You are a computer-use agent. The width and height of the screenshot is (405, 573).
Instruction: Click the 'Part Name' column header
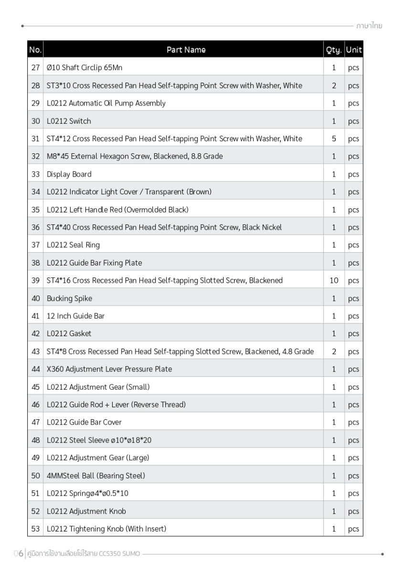pyautogui.click(x=186, y=50)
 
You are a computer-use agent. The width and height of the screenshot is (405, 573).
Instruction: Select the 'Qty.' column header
pyautogui.click(x=333, y=50)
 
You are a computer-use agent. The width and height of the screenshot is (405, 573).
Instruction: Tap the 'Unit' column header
pyautogui.click(x=354, y=50)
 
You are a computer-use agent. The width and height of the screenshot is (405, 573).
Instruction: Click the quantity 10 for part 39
pyautogui.click(x=334, y=281)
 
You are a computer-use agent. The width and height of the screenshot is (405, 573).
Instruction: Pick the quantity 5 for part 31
pyautogui.click(x=334, y=139)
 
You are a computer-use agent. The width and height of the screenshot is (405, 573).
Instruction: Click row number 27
pyautogui.click(x=35, y=68)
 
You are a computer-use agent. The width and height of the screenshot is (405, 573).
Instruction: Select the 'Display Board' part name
pyautogui.click(x=69, y=174)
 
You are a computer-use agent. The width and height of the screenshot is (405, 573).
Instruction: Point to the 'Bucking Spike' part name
pyautogui.click(x=69, y=298)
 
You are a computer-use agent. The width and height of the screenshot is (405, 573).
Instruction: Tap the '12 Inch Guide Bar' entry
pyautogui.click(x=75, y=316)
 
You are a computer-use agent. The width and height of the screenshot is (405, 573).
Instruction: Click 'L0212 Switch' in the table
pyautogui.click(x=69, y=121)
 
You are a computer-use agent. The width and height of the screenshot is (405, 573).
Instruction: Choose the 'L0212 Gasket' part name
pyautogui.click(x=69, y=334)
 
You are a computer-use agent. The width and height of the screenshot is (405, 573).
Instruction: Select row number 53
pyautogui.click(x=35, y=529)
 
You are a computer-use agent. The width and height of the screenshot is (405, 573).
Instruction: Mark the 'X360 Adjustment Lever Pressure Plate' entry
pyautogui.click(x=109, y=369)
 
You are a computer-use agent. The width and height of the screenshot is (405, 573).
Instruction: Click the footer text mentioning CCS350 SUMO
pyautogui.click(x=84, y=554)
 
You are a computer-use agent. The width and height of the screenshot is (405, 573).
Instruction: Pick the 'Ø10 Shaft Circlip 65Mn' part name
pyautogui.click(x=85, y=68)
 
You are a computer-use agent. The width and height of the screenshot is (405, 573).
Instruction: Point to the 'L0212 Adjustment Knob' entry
pyautogui.click(x=86, y=511)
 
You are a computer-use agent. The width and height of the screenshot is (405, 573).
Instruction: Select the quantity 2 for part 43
pyautogui.click(x=334, y=352)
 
